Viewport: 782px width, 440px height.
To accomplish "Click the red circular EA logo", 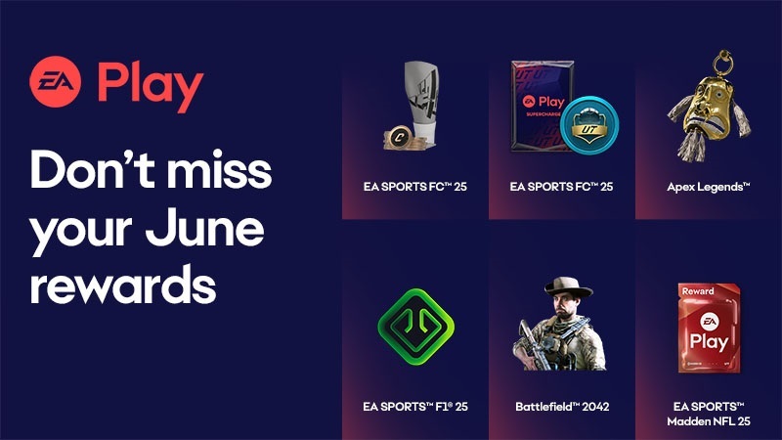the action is [x=56, y=81].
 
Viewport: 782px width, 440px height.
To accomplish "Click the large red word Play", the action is [x=151, y=86].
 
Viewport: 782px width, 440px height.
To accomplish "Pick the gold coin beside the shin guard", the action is [x=399, y=137].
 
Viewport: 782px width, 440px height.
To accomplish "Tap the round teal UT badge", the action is [x=589, y=125].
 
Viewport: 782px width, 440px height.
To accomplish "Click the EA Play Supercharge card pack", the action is [x=543, y=106].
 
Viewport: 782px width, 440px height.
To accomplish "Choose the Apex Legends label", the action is [x=708, y=187].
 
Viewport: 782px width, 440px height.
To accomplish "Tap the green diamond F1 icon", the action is [x=416, y=327].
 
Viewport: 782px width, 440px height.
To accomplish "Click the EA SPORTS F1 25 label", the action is [x=415, y=407].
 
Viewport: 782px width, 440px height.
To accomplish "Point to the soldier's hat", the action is [x=568, y=287].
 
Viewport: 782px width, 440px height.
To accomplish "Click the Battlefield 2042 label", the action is [x=562, y=407].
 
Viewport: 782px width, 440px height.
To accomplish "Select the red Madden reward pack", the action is [x=709, y=328].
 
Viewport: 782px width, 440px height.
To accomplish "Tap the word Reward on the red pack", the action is [x=698, y=290].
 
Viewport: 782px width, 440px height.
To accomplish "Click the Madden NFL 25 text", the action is [x=708, y=421].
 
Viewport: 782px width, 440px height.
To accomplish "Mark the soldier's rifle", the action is [x=533, y=344].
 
